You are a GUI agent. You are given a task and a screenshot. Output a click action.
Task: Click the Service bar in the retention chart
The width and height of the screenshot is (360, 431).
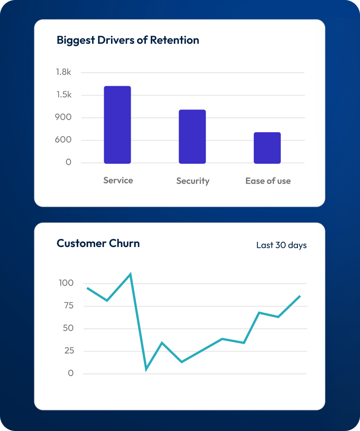117,125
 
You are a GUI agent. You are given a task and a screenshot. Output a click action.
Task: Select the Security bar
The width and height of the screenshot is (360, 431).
192,136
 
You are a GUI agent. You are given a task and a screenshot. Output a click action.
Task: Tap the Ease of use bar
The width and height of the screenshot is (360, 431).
267,148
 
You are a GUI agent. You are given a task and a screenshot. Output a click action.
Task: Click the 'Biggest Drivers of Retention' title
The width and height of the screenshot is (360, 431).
128,40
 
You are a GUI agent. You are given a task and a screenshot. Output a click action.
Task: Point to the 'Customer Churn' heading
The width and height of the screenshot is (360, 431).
98,244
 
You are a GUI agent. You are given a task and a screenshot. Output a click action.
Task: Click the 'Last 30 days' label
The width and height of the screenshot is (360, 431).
281,245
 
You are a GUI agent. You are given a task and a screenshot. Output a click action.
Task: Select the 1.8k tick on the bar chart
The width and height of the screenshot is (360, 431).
63,72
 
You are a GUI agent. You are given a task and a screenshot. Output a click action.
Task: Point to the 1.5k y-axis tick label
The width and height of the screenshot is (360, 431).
63,95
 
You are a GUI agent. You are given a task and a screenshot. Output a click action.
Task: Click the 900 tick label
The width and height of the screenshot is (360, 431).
63,117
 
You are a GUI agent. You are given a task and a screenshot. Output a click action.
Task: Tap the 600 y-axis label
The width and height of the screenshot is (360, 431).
63,140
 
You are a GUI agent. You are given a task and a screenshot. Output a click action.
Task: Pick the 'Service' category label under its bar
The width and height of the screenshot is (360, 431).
118,181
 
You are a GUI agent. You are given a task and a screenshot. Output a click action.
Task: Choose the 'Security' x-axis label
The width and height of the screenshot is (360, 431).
193,181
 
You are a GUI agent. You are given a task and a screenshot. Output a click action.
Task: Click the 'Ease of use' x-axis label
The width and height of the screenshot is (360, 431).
268,181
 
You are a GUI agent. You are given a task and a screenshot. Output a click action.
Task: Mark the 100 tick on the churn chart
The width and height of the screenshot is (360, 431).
66,283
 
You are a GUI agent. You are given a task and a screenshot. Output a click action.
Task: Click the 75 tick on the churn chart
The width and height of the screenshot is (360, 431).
68,306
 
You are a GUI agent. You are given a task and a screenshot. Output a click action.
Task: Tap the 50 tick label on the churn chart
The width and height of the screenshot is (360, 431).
68,328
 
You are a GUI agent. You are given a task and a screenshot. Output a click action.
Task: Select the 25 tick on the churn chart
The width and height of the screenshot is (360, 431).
68,351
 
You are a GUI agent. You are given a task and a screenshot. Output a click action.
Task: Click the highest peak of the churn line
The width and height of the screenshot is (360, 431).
130,274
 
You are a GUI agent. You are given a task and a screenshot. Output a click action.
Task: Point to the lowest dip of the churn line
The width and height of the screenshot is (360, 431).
146,369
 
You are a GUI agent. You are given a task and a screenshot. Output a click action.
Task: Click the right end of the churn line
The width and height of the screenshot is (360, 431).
300,296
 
